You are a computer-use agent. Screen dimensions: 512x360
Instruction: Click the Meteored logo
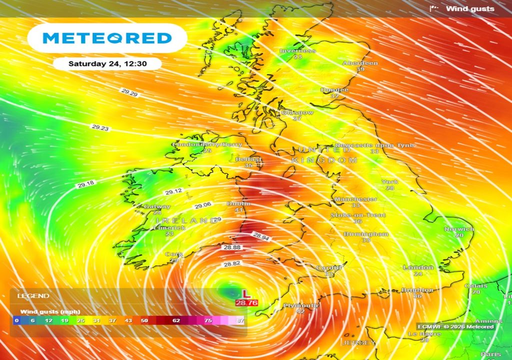pos(107,38)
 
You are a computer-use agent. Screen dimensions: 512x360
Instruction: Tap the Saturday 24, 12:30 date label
pos(107,63)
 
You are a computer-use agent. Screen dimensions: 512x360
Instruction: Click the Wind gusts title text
pos(470,8)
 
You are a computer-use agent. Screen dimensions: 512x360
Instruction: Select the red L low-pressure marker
pos(245,294)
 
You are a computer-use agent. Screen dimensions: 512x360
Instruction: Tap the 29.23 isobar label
pos(100,127)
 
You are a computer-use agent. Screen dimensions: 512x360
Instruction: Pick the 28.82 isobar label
pos(231,264)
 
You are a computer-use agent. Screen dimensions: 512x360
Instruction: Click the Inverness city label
pos(298,50)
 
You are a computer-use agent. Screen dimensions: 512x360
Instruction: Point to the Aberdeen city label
pos(360,63)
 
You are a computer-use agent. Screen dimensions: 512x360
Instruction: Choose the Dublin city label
pos(238,204)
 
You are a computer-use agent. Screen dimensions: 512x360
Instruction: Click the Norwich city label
pos(459,229)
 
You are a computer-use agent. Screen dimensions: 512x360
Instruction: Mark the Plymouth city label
pos(301,305)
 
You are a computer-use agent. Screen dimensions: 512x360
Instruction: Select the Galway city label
pos(157,206)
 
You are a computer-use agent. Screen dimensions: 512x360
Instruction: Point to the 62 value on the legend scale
pos(176,320)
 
